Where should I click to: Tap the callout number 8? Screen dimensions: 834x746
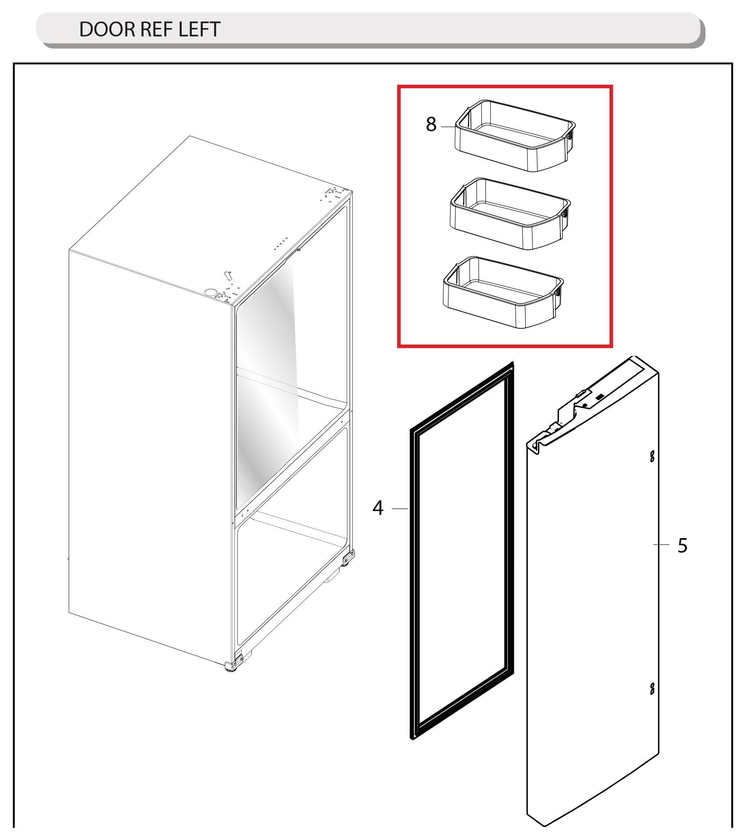(431, 125)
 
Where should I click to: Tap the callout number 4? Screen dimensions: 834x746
(378, 508)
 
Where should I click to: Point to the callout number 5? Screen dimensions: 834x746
(682, 546)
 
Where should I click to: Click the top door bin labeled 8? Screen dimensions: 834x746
(513, 136)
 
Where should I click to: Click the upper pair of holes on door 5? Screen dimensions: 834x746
(652, 457)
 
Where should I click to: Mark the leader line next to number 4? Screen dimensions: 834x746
(400, 508)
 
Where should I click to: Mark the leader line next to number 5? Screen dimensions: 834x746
(661, 545)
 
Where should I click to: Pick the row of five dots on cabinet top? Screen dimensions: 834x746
(281, 244)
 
